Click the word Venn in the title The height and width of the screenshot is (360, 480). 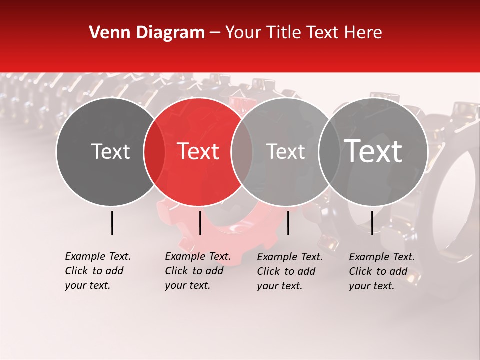tap(103, 33)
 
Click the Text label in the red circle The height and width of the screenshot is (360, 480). tap(198, 151)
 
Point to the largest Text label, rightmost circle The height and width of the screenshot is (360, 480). tap(373, 151)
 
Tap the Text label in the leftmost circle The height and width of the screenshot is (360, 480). tap(110, 151)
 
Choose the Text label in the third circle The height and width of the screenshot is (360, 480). tap(285, 151)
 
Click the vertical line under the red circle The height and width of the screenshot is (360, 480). tap(200, 223)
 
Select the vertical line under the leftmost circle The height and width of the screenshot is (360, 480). tap(112, 223)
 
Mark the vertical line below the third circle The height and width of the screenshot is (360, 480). tap(288, 223)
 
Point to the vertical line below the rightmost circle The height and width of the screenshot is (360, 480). tap(372, 223)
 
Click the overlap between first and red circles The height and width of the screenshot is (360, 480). tap(154, 152)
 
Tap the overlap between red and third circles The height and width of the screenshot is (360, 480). tap(242, 152)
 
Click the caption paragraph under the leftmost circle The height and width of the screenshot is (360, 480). tap(97, 271)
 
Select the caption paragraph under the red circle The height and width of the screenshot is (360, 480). tap(197, 271)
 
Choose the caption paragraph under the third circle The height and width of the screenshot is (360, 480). tap(289, 271)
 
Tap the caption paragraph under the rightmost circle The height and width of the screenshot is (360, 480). tap(381, 271)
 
